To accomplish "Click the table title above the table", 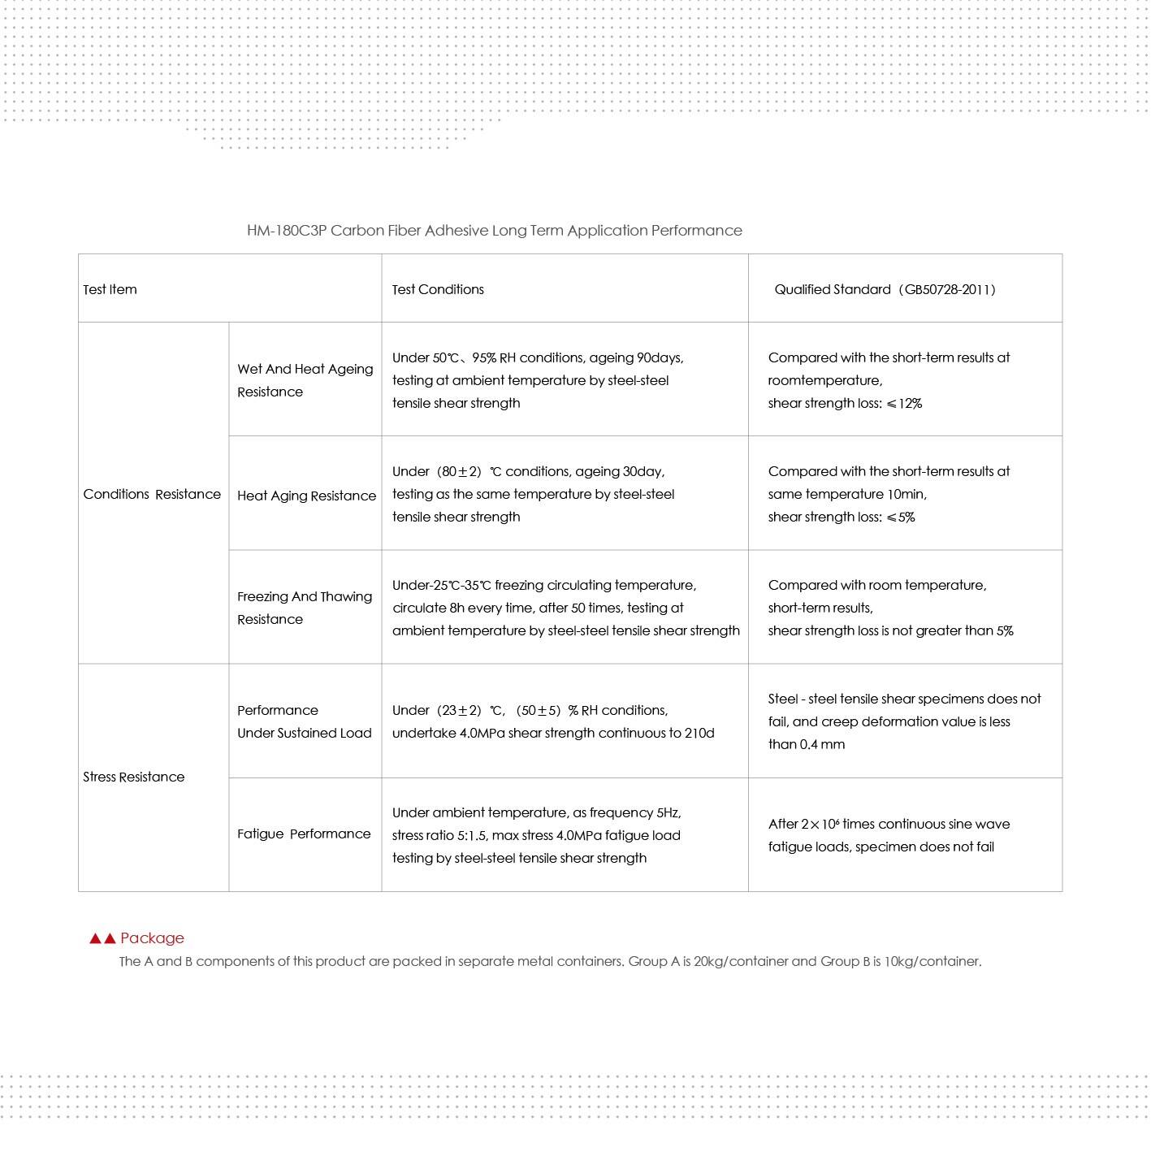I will click(494, 231).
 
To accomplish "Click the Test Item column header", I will click(110, 289).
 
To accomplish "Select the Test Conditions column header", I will click(438, 289).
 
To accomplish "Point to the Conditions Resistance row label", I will click(152, 494).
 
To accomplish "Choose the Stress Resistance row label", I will click(134, 777).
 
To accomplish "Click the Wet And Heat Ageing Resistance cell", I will click(305, 380).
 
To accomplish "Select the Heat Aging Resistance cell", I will click(306, 496).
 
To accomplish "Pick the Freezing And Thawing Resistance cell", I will click(305, 608).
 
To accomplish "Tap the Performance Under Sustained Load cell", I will click(304, 721).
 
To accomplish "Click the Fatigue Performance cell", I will click(304, 834).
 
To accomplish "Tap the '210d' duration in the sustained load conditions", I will click(699, 733).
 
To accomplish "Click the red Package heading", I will click(152, 938).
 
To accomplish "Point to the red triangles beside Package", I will click(102, 938).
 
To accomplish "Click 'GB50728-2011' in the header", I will click(948, 289).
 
